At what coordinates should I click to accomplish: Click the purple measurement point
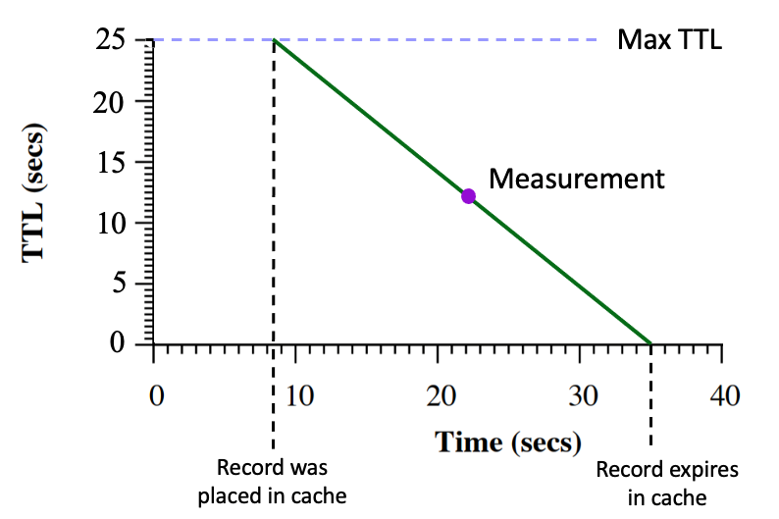pos(468,196)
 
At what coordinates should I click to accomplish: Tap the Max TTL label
pos(669,40)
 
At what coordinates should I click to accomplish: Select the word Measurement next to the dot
pos(577,180)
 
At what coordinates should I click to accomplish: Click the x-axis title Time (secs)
pos(508,442)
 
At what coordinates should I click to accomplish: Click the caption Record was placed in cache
pos(272,482)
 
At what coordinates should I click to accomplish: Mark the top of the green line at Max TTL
pos(274,40)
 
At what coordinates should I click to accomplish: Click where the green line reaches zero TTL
pos(650,343)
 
